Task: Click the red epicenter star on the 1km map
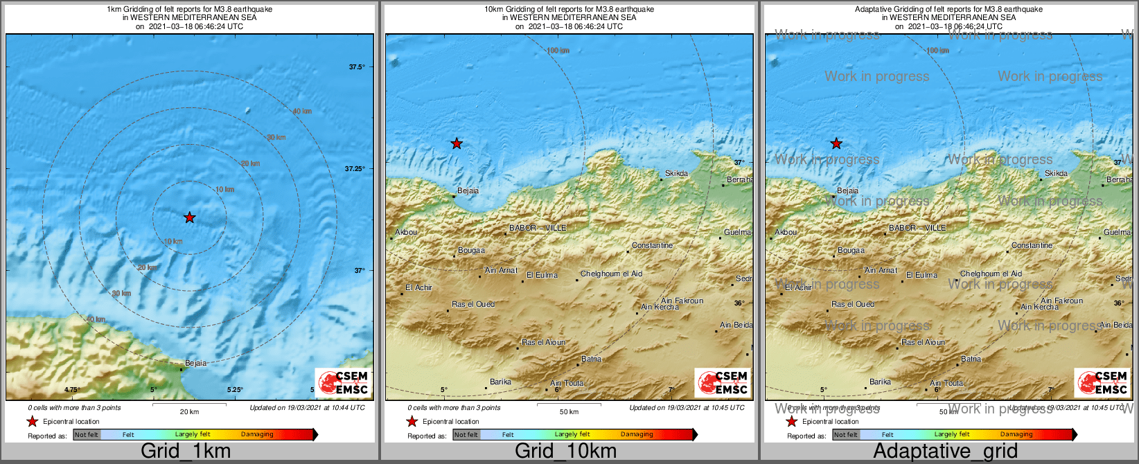click(190, 217)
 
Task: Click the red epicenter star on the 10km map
click(457, 143)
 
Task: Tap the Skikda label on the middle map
click(676, 173)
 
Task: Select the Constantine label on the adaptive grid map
click(1032, 245)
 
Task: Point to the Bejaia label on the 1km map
click(195, 363)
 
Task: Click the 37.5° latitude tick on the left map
click(357, 67)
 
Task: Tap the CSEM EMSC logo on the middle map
click(723, 382)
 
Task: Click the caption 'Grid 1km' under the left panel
click(186, 452)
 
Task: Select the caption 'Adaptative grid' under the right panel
click(945, 452)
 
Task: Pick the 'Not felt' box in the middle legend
click(466, 435)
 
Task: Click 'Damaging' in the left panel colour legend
click(257, 435)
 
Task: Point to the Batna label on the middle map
click(591, 359)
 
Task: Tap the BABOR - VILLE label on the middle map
click(538, 228)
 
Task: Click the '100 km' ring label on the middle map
click(558, 51)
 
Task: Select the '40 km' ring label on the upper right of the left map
click(302, 111)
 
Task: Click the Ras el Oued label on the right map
click(853, 304)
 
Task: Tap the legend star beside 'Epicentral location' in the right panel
click(791, 421)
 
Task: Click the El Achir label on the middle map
click(419, 287)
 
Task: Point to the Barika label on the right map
click(880, 382)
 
